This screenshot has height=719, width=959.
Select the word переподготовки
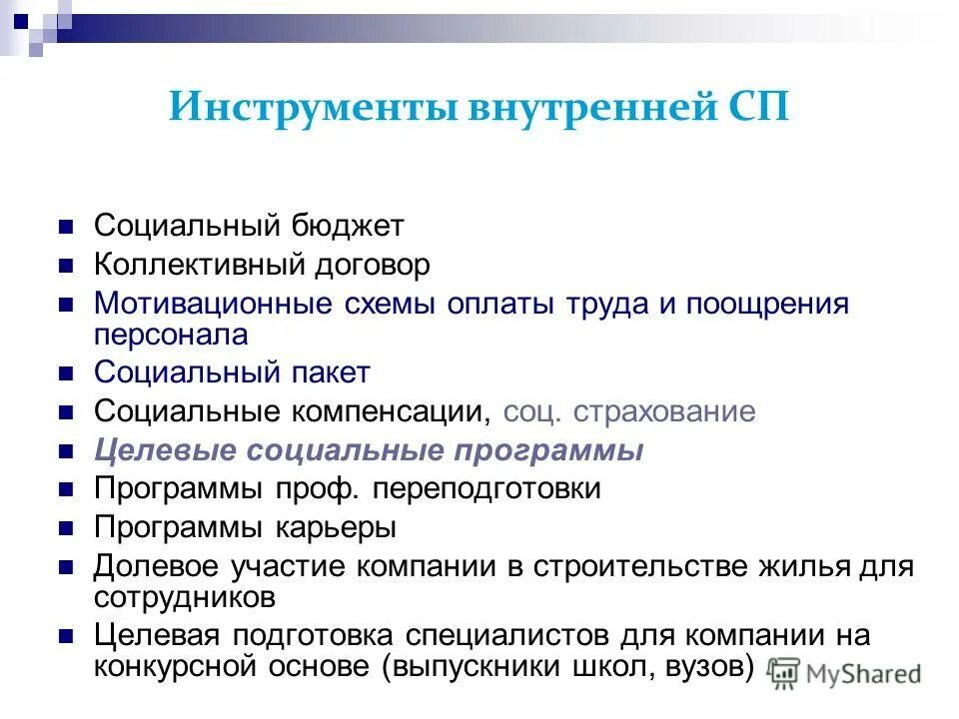[x=493, y=488]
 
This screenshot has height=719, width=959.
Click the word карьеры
[x=336, y=527]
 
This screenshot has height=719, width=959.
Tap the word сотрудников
[x=185, y=596]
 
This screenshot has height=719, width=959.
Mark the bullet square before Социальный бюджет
[x=67, y=227]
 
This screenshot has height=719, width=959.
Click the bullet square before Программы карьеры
[x=67, y=528]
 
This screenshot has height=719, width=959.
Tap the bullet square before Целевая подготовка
[x=67, y=635]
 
